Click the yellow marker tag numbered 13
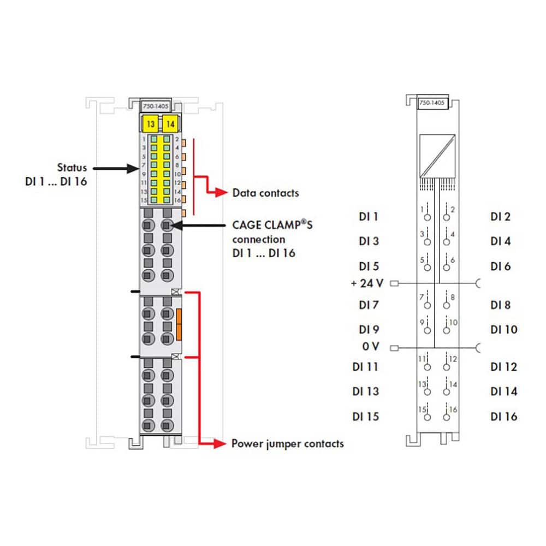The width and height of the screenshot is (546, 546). pos(150,124)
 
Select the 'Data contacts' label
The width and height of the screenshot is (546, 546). pos(265,193)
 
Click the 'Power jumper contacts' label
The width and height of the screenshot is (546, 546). pos(287,443)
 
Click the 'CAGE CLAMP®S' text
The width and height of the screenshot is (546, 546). pos(272,225)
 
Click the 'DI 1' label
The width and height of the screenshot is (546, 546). pos(369,217)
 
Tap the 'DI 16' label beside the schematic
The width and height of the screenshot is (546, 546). pos(503,417)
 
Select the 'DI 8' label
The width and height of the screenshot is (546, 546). pos(500,305)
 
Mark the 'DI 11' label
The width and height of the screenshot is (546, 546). pos(365,367)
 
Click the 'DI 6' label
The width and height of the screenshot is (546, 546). pos(500,266)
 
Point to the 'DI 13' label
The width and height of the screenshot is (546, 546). pos(365,391)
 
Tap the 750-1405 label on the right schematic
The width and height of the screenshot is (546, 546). pos(431,103)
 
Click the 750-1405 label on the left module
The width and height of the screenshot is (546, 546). pos(155,106)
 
